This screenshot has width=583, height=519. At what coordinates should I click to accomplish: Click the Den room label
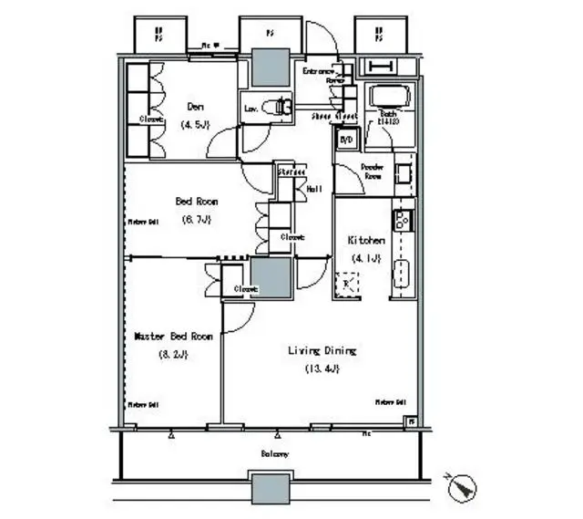pyautogui.click(x=196, y=104)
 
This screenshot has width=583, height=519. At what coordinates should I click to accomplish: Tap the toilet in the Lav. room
pyautogui.click(x=280, y=108)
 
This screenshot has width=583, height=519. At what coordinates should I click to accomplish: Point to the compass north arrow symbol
pyautogui.click(x=463, y=485)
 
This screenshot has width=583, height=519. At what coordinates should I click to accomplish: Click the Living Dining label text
pyautogui.click(x=322, y=350)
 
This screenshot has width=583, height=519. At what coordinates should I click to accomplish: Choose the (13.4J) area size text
pyautogui.click(x=322, y=368)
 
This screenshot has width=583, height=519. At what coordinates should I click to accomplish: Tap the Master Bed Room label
pyautogui.click(x=173, y=337)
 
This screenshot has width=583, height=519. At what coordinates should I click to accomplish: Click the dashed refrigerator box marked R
pyautogui.click(x=347, y=285)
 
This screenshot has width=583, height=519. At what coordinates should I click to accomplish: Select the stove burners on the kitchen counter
pyautogui.click(x=401, y=219)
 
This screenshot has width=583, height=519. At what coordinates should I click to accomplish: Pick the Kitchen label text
pyautogui.click(x=365, y=240)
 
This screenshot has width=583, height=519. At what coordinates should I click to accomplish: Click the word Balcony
pyautogui.click(x=275, y=453)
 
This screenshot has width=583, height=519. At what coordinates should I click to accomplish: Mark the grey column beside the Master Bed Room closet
pyautogui.click(x=271, y=275)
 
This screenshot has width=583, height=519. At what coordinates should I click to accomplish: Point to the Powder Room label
pyautogui.click(x=372, y=171)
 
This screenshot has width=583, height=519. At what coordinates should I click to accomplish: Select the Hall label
pyautogui.click(x=314, y=189)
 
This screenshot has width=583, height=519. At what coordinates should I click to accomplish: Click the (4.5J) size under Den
pyautogui.click(x=196, y=124)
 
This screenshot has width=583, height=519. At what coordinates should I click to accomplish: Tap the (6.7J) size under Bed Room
pyautogui.click(x=197, y=220)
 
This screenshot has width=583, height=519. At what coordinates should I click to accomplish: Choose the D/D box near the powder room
pyautogui.click(x=346, y=140)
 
